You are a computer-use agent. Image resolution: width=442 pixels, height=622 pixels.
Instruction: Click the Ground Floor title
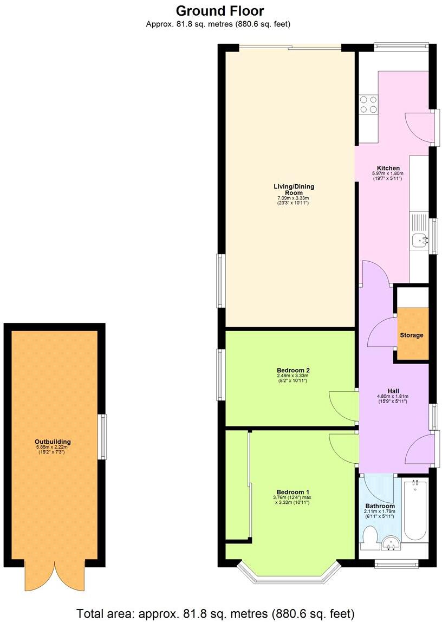pos(220,10)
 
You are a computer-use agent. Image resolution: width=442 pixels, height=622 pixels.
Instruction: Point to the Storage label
pos(412,335)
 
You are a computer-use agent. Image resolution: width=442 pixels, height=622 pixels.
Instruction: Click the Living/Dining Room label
pos(293,190)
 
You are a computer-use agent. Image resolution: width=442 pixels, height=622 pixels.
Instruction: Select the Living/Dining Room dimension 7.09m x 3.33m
pos(293,199)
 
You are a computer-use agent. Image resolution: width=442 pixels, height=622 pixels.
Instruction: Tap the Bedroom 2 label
pos(292,371)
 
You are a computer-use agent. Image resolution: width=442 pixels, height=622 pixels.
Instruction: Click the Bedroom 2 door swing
pos(342,404)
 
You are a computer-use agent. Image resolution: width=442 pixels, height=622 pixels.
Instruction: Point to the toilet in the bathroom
pos(370,540)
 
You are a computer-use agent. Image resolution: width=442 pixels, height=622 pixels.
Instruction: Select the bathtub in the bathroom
pos(415,510)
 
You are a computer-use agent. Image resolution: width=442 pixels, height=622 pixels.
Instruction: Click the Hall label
pos(393,390)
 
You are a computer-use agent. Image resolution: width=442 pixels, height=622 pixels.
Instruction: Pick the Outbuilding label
pos(53,442)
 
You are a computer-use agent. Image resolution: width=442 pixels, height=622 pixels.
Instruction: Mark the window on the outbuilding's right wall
pos(102,437)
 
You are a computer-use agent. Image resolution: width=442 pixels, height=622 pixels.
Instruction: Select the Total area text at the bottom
pos(216,613)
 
